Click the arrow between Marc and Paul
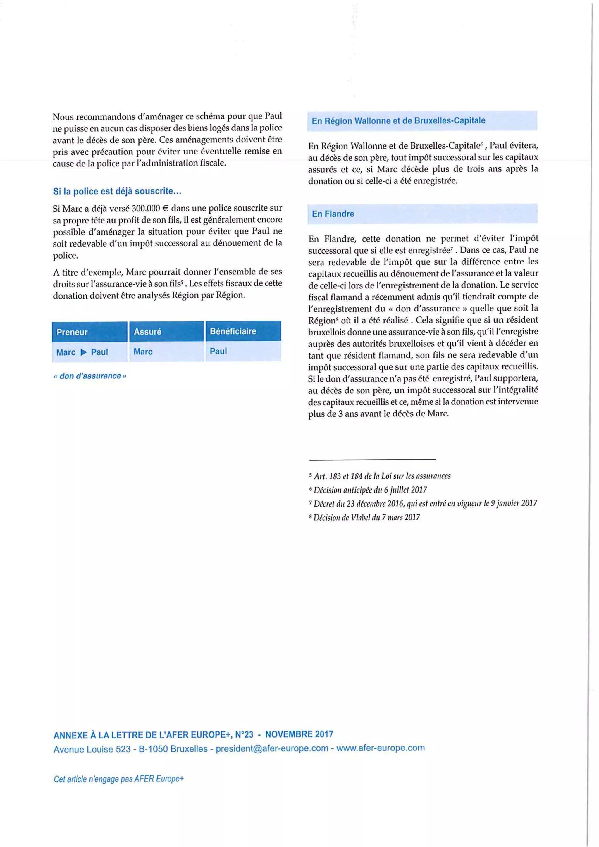pos(84,352)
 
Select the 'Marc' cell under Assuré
pos(143,352)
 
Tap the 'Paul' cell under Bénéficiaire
pos(218,351)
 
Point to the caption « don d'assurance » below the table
pos(89,376)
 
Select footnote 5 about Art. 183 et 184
pos(380,476)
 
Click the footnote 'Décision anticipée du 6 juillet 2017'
pos(369,490)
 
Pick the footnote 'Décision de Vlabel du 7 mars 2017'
pos(365,517)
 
